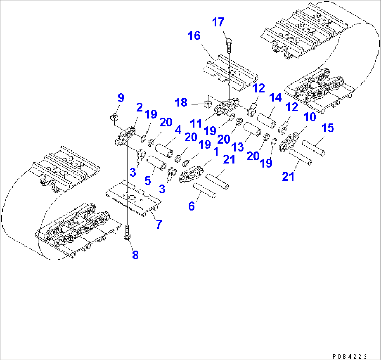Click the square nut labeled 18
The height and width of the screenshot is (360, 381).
tap(207, 104)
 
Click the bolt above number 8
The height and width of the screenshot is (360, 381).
tap(127, 234)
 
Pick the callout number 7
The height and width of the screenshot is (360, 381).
tap(159, 225)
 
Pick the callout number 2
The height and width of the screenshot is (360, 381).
tap(139, 108)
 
